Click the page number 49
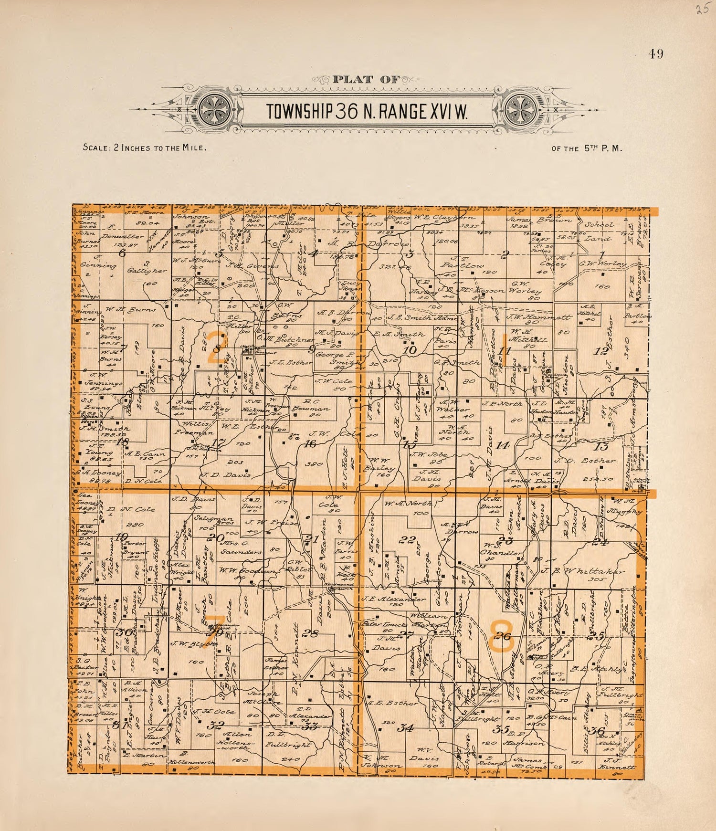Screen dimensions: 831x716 click(656, 54)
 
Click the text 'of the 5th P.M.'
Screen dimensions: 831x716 click(587, 148)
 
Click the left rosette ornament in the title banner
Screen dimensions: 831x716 click(215, 111)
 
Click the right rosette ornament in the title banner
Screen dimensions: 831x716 click(521, 111)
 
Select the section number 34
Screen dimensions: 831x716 click(407, 727)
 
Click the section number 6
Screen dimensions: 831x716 click(122, 253)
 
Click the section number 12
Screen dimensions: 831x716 click(601, 352)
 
